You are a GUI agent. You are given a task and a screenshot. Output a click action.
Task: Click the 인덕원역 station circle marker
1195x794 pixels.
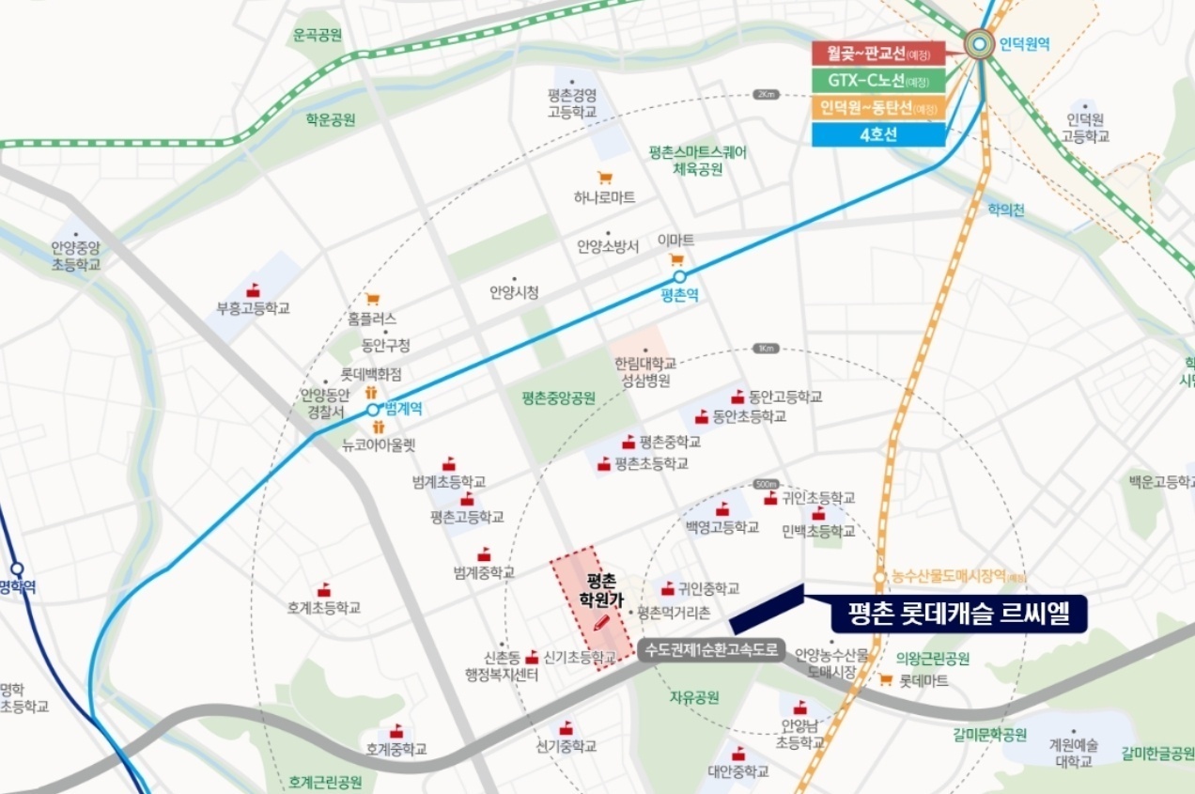pos(980,43)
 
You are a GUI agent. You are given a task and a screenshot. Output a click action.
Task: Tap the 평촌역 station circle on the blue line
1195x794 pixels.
pos(679,277)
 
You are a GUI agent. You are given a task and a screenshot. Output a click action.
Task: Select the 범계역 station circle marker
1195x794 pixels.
pos(373,410)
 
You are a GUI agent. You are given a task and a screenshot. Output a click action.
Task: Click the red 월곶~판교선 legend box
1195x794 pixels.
pos(878,54)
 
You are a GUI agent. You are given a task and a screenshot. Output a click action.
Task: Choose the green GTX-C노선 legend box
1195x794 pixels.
pos(878,81)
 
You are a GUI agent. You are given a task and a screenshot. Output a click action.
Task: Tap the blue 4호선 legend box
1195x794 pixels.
pos(878,133)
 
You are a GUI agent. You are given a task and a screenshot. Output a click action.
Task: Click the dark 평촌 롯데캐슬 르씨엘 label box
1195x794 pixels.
pos(958,614)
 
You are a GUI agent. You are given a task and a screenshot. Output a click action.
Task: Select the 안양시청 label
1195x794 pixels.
pos(514,292)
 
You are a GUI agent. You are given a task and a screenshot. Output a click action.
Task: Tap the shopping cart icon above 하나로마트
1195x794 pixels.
pos(605,178)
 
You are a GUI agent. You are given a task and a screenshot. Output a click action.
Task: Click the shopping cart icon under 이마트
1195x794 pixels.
pos(675,260)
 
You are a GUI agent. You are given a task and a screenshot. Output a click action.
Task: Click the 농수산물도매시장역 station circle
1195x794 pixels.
pos(880,577)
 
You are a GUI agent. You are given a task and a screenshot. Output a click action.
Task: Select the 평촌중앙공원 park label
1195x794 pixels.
pos(558,397)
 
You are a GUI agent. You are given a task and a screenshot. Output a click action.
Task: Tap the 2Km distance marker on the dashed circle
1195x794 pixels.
pos(767,95)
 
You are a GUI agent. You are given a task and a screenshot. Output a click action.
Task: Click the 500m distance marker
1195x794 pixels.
pos(767,483)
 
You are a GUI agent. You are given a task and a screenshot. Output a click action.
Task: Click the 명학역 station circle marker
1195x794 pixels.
pos(17,568)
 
